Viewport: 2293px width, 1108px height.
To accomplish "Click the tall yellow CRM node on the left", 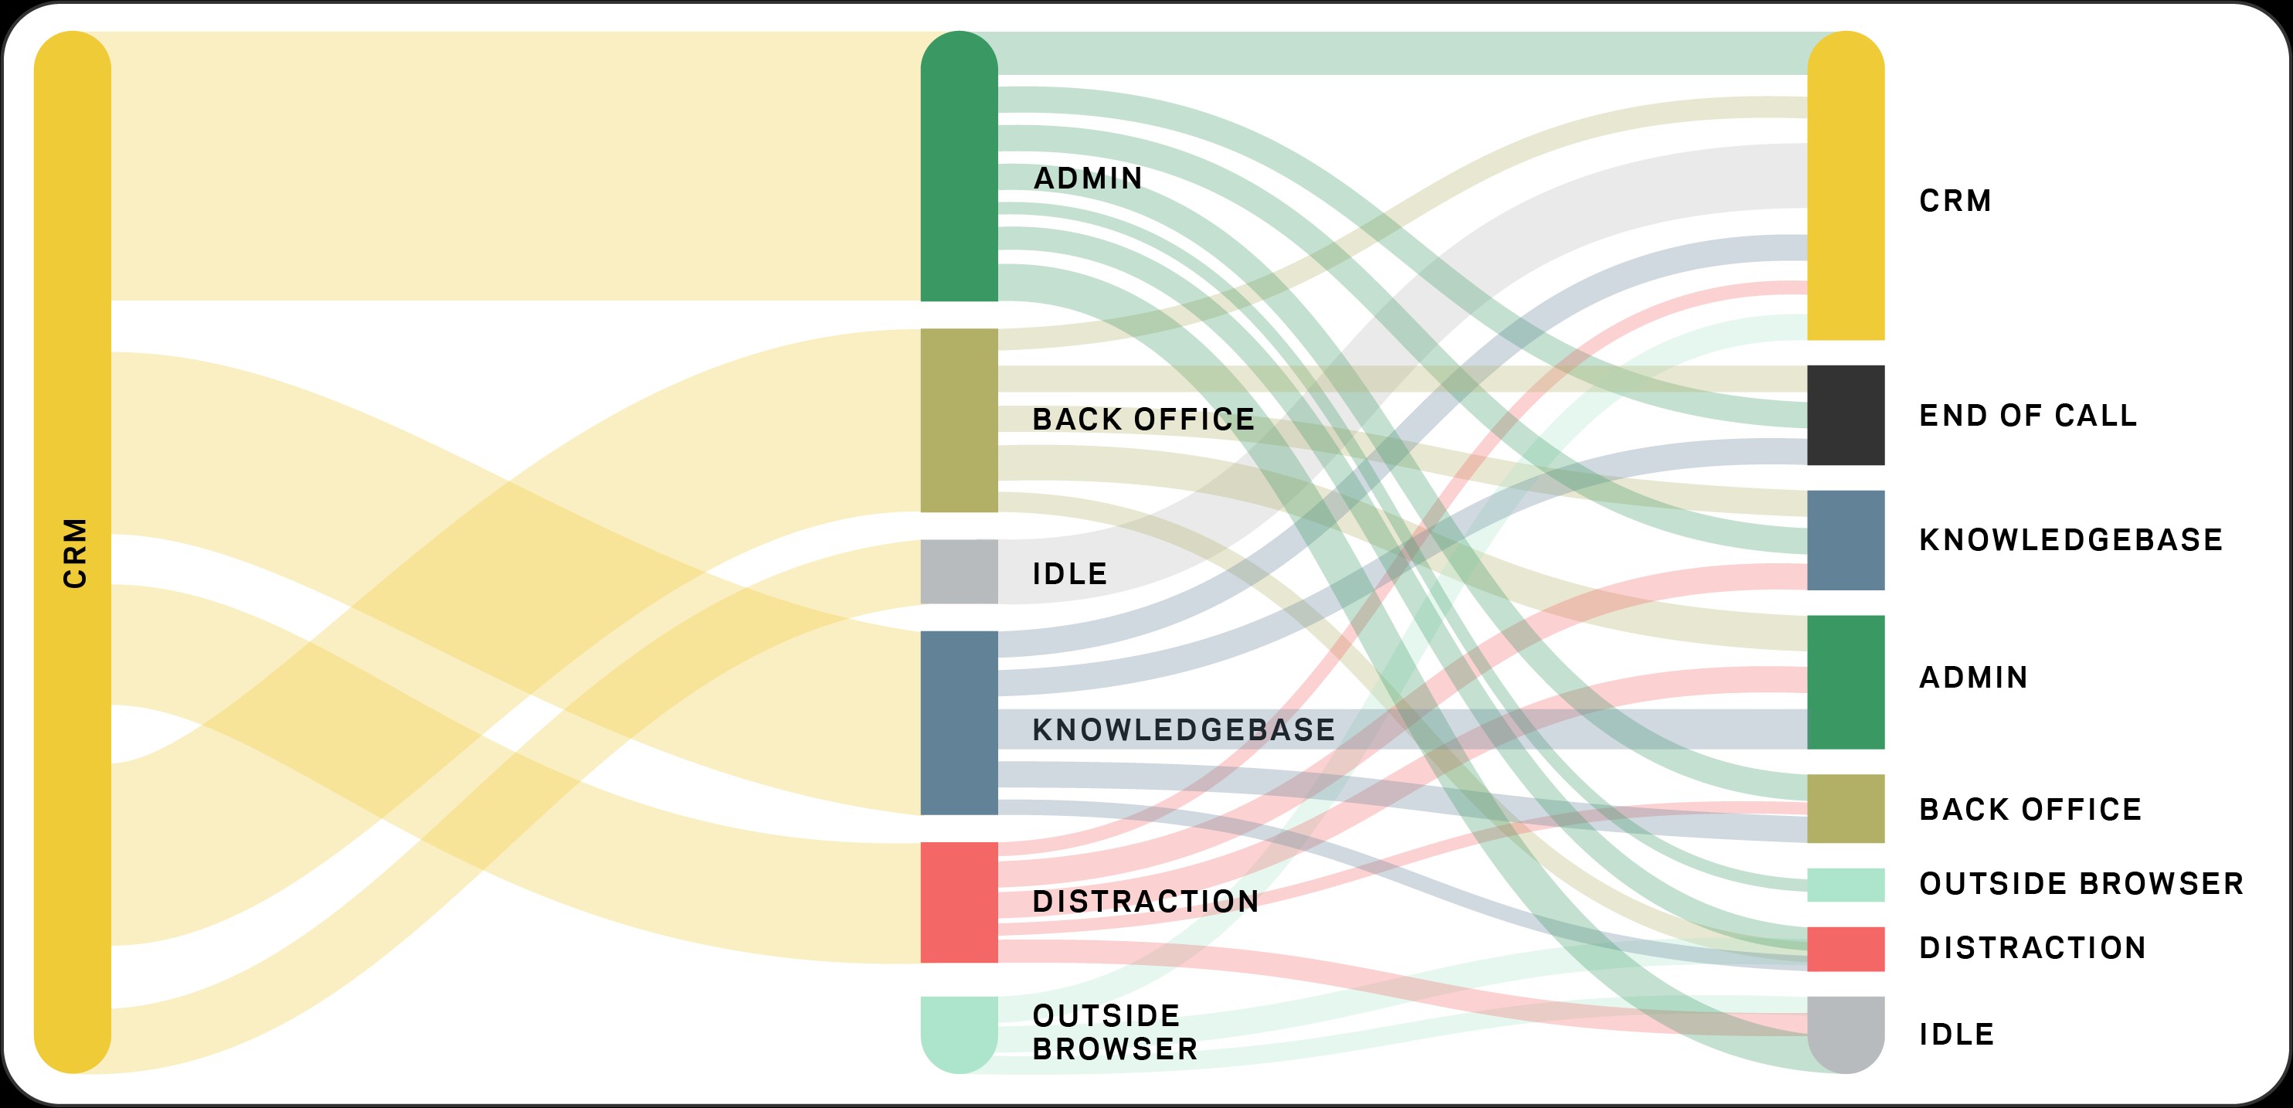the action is pyautogui.click(x=72, y=552).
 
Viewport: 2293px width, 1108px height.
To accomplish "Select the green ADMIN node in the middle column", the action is pyautogui.click(x=959, y=166).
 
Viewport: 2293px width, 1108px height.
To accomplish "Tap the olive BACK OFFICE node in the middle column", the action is pyautogui.click(x=959, y=420).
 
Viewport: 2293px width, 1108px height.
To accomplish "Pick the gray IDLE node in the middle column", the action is pyautogui.click(x=959, y=571).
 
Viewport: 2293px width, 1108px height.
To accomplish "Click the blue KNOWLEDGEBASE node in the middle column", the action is pyautogui.click(x=959, y=722).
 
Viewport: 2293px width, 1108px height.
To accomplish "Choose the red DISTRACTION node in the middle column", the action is pyautogui.click(x=959, y=902).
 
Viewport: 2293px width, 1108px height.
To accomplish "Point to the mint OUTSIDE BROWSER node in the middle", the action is pyautogui.click(x=959, y=1034).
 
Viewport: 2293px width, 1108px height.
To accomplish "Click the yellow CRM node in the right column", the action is pyautogui.click(x=1845, y=185).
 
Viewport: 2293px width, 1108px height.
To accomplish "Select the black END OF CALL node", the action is pyautogui.click(x=1845, y=415).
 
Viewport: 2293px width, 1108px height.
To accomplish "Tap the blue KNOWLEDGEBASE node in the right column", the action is pyautogui.click(x=1845, y=540).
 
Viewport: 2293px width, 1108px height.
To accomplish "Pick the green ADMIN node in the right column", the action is pyautogui.click(x=1845, y=681).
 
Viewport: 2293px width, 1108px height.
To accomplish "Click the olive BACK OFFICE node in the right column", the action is pyautogui.click(x=1845, y=808).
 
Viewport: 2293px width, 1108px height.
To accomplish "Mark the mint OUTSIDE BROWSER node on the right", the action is pyautogui.click(x=1845, y=885).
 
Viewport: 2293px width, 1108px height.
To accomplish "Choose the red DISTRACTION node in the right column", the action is pyautogui.click(x=1845, y=949).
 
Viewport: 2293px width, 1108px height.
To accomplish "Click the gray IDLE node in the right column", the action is pyautogui.click(x=1845, y=1034).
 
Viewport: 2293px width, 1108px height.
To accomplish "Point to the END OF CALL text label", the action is pyautogui.click(x=2028, y=416).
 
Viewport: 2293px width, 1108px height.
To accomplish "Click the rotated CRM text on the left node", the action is pyautogui.click(x=75, y=552).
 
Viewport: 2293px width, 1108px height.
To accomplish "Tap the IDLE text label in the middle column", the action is pyautogui.click(x=1070, y=573).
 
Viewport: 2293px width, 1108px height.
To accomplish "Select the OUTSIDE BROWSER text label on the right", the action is pyautogui.click(x=2081, y=884).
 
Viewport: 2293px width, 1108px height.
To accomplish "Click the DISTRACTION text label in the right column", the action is pyautogui.click(x=2032, y=948).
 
